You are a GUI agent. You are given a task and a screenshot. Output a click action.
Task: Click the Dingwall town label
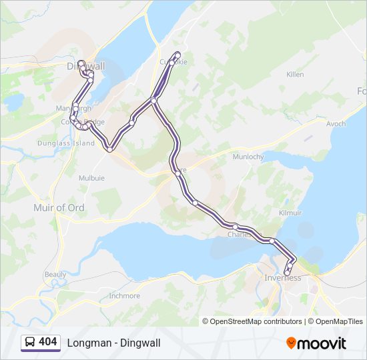pos(86,66)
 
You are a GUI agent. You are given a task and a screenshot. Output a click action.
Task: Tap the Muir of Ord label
pos(59,208)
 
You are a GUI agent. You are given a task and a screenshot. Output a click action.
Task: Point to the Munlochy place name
pos(248,157)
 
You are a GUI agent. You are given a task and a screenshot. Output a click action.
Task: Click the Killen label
pos(295,75)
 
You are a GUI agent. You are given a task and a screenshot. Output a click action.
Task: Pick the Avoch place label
pos(336,124)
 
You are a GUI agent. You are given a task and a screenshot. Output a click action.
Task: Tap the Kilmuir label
pos(290,213)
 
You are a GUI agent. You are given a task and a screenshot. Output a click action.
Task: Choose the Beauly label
pos(55,274)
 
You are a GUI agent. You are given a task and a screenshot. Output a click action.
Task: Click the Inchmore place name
pos(124,295)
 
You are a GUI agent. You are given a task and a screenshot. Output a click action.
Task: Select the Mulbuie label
pos(91,179)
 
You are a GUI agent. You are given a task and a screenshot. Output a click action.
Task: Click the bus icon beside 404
pos(30,342)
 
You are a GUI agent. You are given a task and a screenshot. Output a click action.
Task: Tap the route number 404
pos(48,342)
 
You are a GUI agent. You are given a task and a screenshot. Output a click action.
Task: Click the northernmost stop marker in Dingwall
pos(81,63)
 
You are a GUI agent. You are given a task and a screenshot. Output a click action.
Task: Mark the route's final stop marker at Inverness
pos(287,273)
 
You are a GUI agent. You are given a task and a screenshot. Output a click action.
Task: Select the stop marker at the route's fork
pos(153,101)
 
